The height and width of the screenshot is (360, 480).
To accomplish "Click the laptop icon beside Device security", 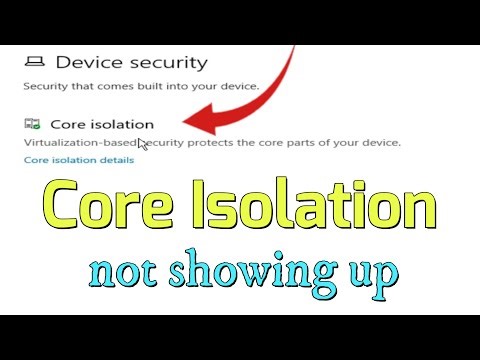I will pyautogui.click(x=35, y=62).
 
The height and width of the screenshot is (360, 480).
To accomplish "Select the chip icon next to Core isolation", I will pyautogui.click(x=33, y=125).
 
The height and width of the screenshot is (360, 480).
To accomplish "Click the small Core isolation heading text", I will pyautogui.click(x=104, y=125).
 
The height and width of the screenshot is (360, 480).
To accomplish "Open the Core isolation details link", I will pyautogui.click(x=78, y=160).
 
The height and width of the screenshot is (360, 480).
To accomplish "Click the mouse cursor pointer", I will pyautogui.click(x=142, y=145).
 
